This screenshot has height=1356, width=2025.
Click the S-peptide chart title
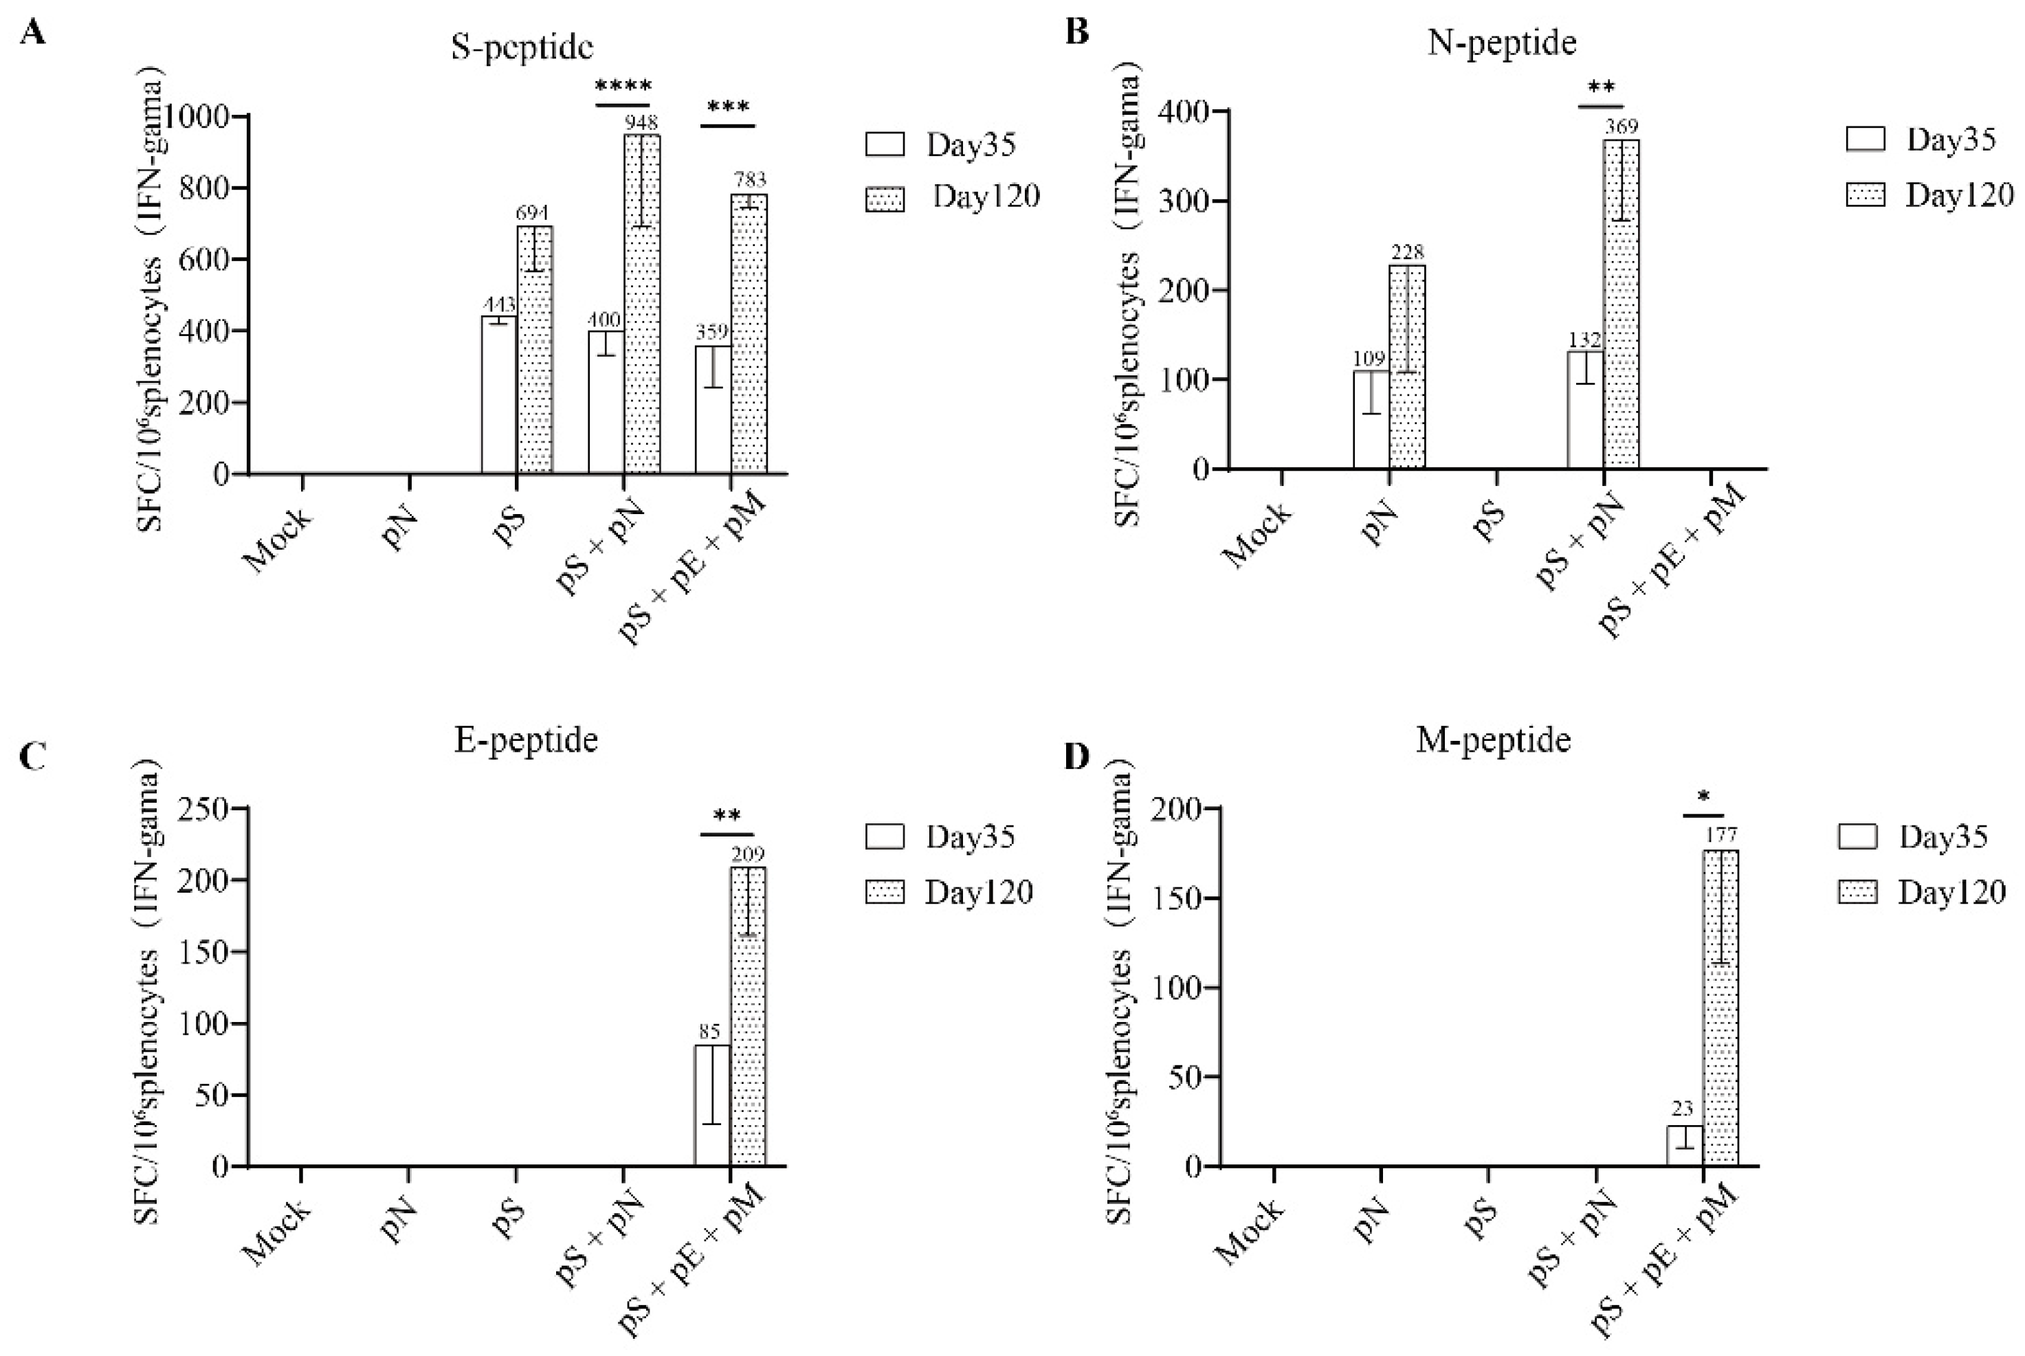pyautogui.click(x=522, y=47)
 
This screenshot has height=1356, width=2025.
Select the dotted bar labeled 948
pyautogui.click(x=643, y=302)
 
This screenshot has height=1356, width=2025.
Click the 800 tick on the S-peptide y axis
pyautogui.click(x=204, y=188)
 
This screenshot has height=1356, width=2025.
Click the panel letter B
pyautogui.click(x=1077, y=32)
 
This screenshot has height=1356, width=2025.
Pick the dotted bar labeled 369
pyautogui.click(x=1622, y=302)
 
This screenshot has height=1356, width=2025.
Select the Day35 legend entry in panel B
pyautogui.click(x=1921, y=140)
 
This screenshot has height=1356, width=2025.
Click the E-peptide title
pyautogui.click(x=526, y=740)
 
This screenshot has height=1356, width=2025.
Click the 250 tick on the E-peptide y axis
pyautogui.click(x=204, y=810)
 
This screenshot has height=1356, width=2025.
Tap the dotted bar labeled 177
pyautogui.click(x=1720, y=1008)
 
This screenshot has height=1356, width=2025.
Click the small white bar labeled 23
pyautogui.click(x=1684, y=1146)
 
